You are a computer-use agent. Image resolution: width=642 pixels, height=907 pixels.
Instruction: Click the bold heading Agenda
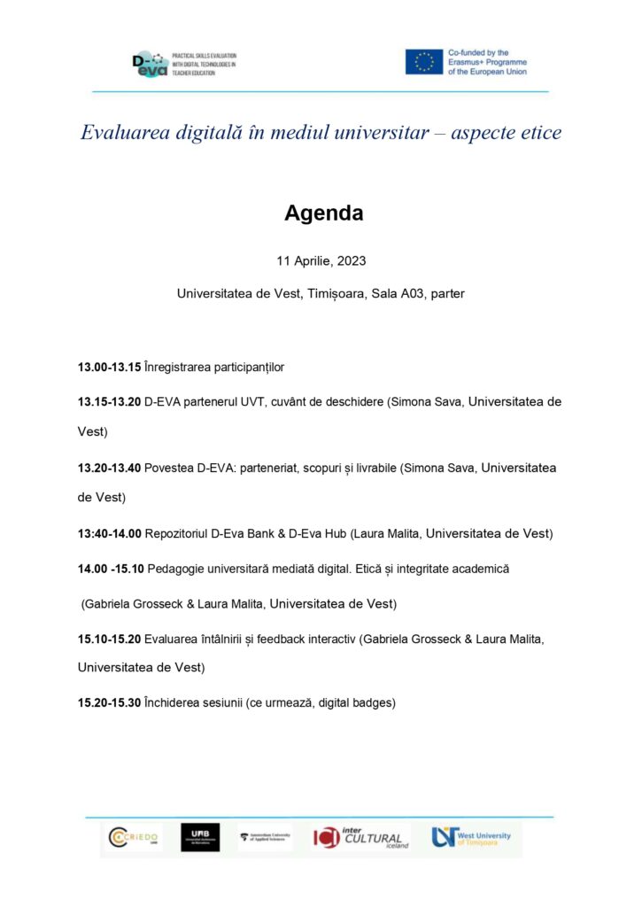point(323,213)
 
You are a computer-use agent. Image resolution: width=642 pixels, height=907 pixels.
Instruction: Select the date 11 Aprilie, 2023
point(321,261)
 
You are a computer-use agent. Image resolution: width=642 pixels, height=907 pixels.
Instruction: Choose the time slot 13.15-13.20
point(109,401)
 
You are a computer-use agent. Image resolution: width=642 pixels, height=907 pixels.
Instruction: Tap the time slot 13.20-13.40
point(109,468)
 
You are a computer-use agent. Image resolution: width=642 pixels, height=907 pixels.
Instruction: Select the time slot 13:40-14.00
point(109,533)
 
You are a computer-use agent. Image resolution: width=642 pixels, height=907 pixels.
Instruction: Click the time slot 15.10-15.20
point(109,638)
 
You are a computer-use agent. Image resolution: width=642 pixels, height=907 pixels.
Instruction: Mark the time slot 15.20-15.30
point(109,703)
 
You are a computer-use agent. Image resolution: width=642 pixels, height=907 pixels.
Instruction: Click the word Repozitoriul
point(180,533)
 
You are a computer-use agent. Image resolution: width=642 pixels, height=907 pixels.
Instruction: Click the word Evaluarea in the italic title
point(124,133)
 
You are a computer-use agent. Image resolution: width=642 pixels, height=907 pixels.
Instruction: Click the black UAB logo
point(200,837)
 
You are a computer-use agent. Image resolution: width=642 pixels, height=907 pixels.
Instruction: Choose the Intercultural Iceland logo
point(360,837)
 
